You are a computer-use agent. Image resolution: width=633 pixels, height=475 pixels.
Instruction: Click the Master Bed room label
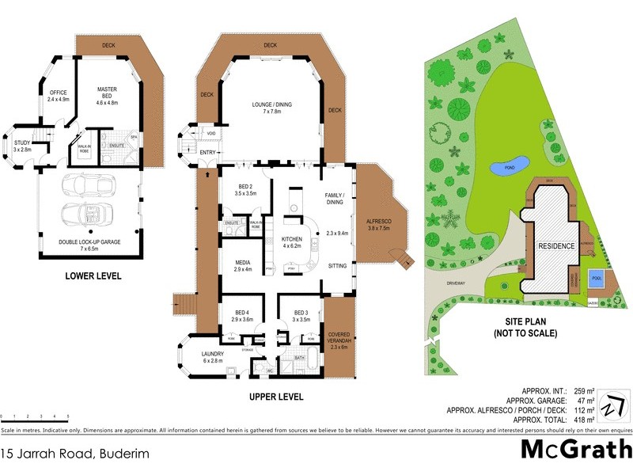click(107, 95)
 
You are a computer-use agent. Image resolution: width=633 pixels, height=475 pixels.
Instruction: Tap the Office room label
click(59, 95)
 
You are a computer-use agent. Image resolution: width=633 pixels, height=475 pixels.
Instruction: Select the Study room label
click(22, 146)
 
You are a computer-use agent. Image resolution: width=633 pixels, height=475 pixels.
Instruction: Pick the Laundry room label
click(213, 357)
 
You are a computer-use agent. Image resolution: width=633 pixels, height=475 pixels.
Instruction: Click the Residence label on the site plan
click(556, 246)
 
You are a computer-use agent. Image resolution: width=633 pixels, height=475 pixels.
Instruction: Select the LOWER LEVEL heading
click(93, 277)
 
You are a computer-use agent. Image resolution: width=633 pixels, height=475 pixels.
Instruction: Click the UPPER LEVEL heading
click(277, 397)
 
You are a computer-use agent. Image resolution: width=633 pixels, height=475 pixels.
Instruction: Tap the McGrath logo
click(575, 449)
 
